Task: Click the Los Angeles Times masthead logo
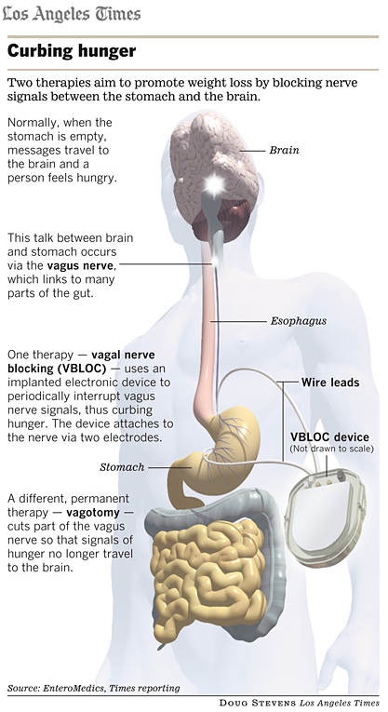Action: [72, 14]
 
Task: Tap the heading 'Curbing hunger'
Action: [72, 51]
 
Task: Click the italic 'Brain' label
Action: [284, 150]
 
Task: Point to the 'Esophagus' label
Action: [299, 321]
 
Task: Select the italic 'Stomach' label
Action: [122, 467]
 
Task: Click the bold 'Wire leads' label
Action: [330, 383]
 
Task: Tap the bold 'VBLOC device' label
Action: [329, 437]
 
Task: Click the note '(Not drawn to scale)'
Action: [332, 449]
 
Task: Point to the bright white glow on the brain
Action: [214, 184]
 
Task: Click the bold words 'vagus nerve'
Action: [82, 265]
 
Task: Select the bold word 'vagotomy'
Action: [93, 513]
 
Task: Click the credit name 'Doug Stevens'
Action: [258, 703]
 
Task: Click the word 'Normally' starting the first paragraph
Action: [33, 123]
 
